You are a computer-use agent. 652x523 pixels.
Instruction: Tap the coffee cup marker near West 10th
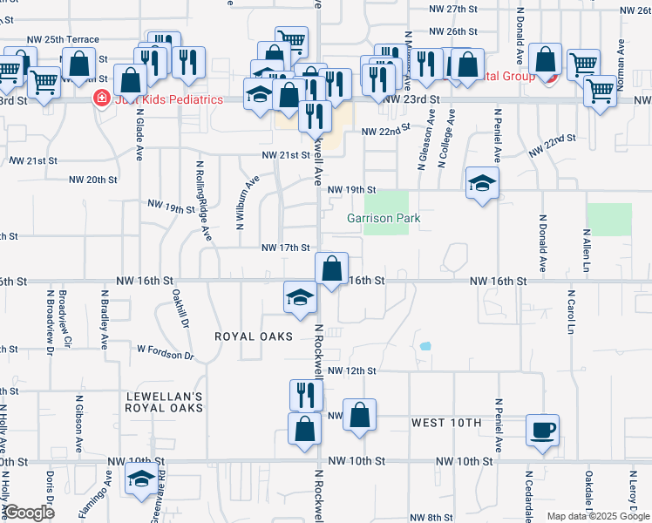pyautogui.click(x=543, y=430)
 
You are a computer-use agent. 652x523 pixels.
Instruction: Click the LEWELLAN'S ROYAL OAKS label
pyautogui.click(x=165, y=402)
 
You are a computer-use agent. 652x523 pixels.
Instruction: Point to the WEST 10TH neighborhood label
pyautogui.click(x=445, y=423)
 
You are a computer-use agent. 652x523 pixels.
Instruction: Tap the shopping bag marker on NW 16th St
pyautogui.click(x=331, y=268)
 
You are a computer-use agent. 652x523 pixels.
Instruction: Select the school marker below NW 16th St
pyautogui.click(x=299, y=297)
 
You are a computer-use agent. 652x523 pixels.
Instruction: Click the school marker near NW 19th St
pyautogui.click(x=481, y=183)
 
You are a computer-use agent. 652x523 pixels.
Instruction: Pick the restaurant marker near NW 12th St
pyautogui.click(x=305, y=395)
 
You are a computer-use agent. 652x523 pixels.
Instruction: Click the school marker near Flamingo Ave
pyautogui.click(x=140, y=479)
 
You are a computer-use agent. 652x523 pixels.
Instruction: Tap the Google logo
pyautogui.click(x=30, y=513)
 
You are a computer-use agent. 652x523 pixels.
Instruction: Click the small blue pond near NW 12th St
pyautogui.click(x=425, y=345)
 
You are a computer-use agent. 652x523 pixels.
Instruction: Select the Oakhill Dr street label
pyautogui.click(x=180, y=308)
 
